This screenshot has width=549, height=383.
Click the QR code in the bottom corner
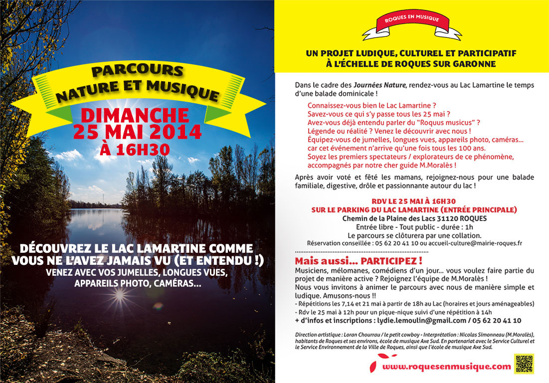coord(524,364)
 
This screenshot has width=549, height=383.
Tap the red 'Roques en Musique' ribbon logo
coord(412,24)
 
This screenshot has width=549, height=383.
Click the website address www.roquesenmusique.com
coord(447,367)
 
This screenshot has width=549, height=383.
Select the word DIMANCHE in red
coord(135,115)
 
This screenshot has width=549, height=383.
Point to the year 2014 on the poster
coord(174,132)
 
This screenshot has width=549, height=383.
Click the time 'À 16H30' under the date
coord(135,149)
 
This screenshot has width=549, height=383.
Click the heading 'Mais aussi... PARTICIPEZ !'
coord(359,261)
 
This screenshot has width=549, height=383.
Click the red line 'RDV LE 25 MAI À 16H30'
coord(414,201)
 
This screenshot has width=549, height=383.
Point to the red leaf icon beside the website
coord(373,366)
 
